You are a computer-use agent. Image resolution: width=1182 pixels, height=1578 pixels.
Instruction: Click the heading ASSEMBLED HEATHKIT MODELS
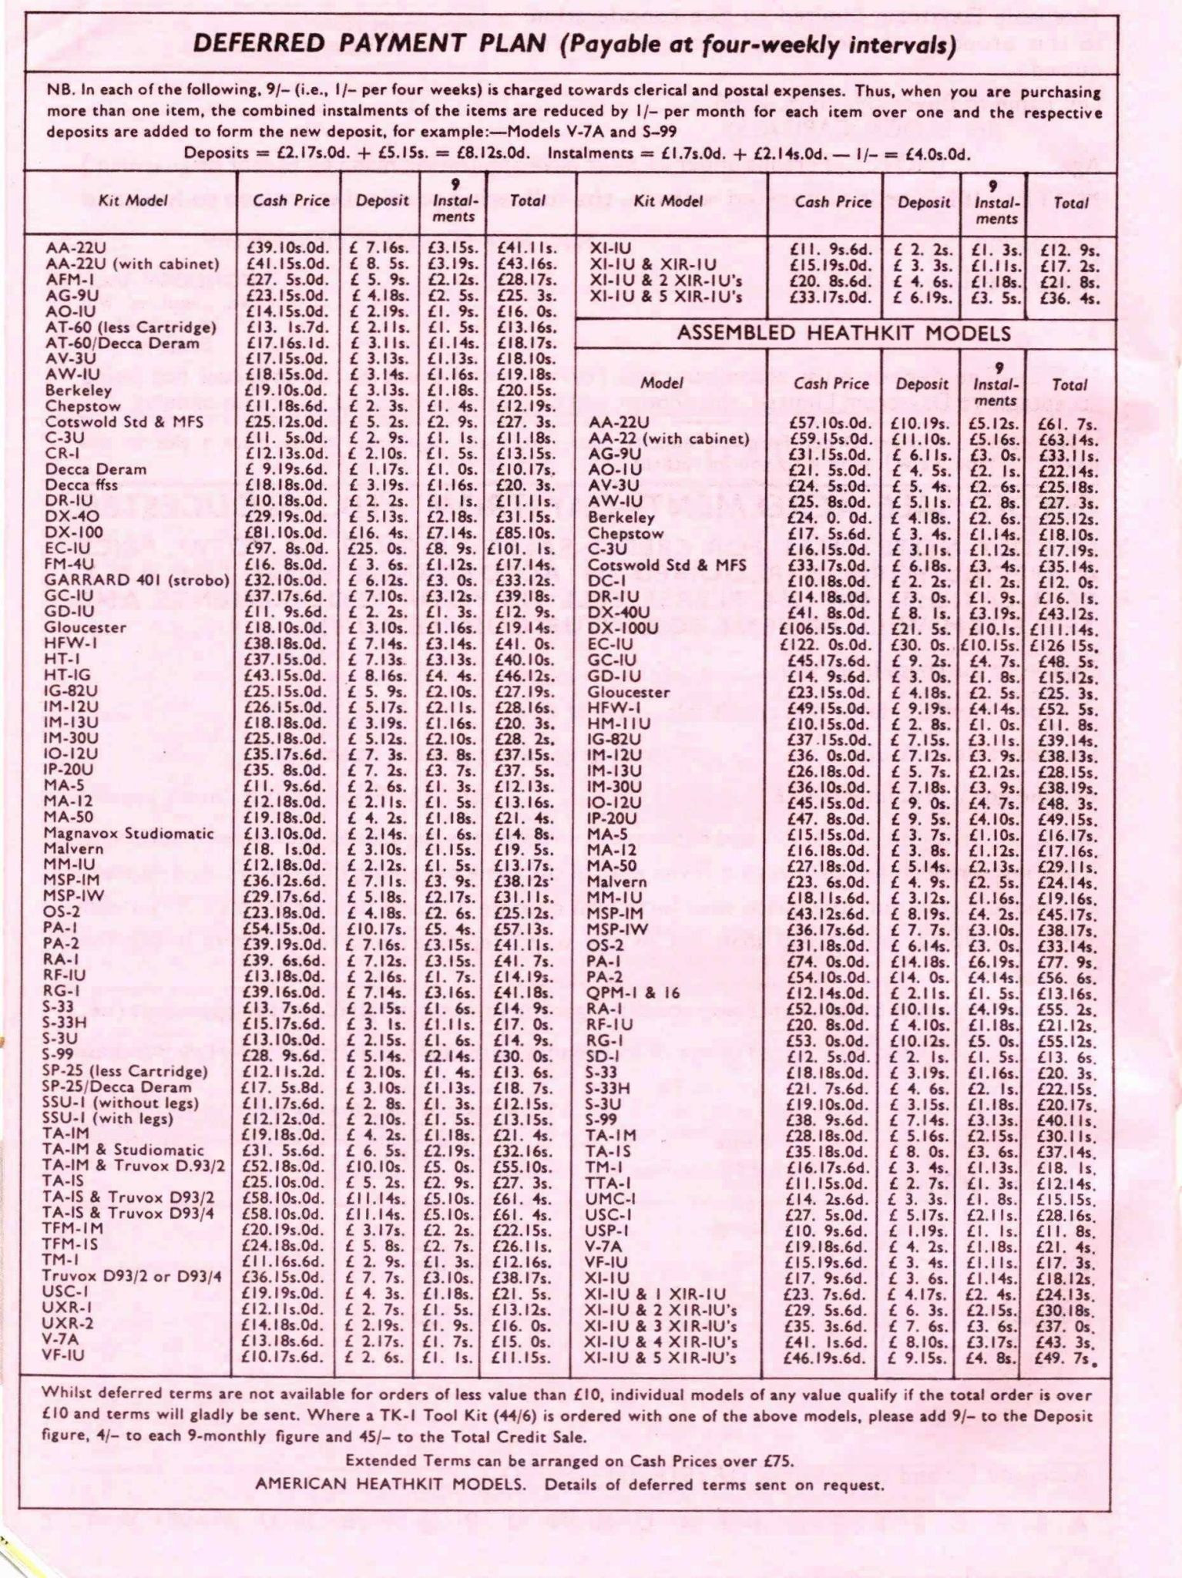point(844,334)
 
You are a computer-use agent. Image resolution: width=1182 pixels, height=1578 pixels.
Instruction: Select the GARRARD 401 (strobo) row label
point(136,579)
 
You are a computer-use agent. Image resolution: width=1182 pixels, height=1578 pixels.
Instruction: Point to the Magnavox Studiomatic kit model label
point(129,833)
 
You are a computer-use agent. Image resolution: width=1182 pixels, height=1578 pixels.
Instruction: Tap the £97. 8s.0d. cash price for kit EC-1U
point(286,548)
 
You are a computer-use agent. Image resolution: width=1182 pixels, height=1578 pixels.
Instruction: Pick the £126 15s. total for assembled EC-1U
point(1067,644)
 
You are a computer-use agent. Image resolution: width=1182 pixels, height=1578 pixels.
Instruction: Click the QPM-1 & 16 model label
point(634,992)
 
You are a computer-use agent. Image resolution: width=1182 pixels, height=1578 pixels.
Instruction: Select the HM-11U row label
point(619,724)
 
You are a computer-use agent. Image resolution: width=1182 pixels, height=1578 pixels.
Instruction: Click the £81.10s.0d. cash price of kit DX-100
point(286,532)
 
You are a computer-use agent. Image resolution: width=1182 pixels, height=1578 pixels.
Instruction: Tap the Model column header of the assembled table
point(662,383)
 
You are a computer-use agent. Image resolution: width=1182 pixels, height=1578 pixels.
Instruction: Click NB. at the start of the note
point(60,90)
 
